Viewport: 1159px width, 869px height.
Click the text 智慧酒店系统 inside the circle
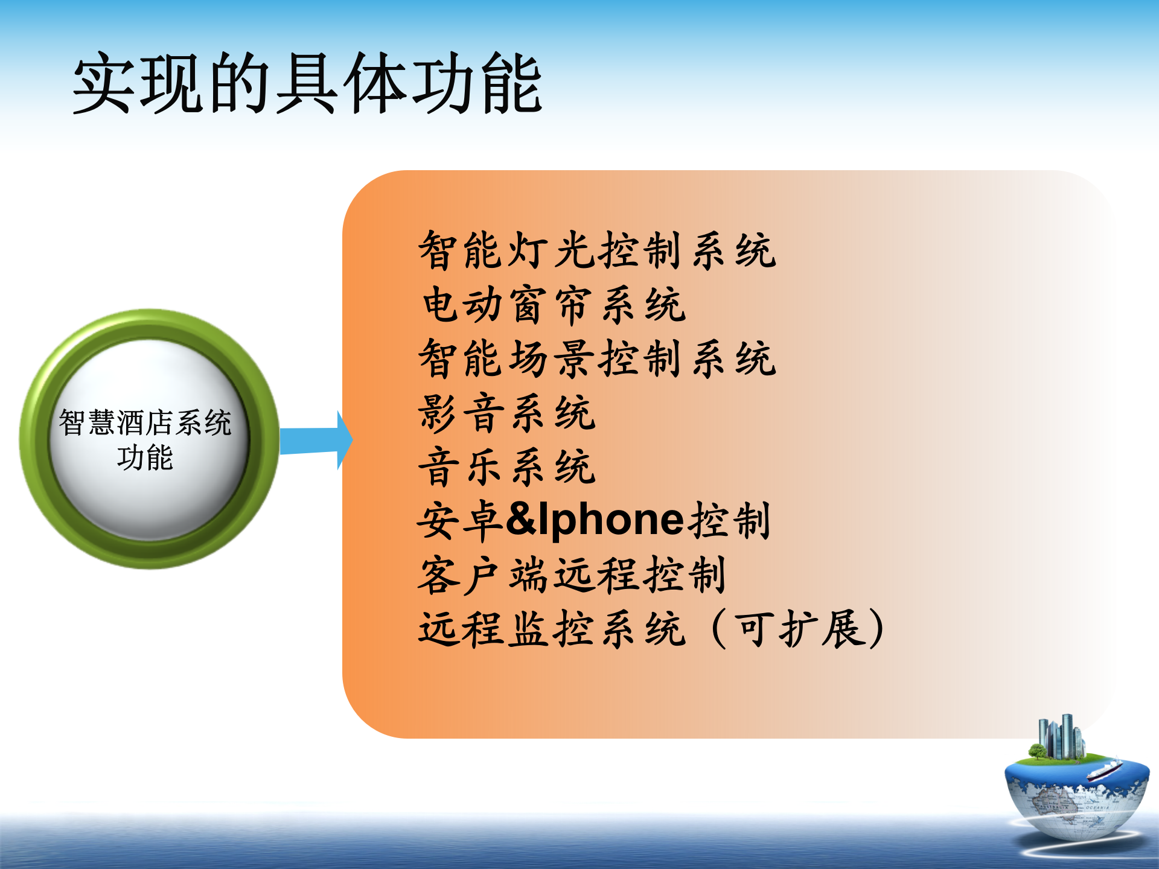point(145,422)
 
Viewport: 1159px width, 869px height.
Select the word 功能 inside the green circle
point(145,457)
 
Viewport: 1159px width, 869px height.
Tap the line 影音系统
point(507,413)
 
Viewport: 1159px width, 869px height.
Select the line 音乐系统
point(507,467)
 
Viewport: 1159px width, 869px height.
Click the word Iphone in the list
point(611,520)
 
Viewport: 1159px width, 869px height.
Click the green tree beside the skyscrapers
point(1037,752)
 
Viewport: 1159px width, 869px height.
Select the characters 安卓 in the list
point(461,520)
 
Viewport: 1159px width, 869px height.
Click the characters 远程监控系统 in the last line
point(552,629)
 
